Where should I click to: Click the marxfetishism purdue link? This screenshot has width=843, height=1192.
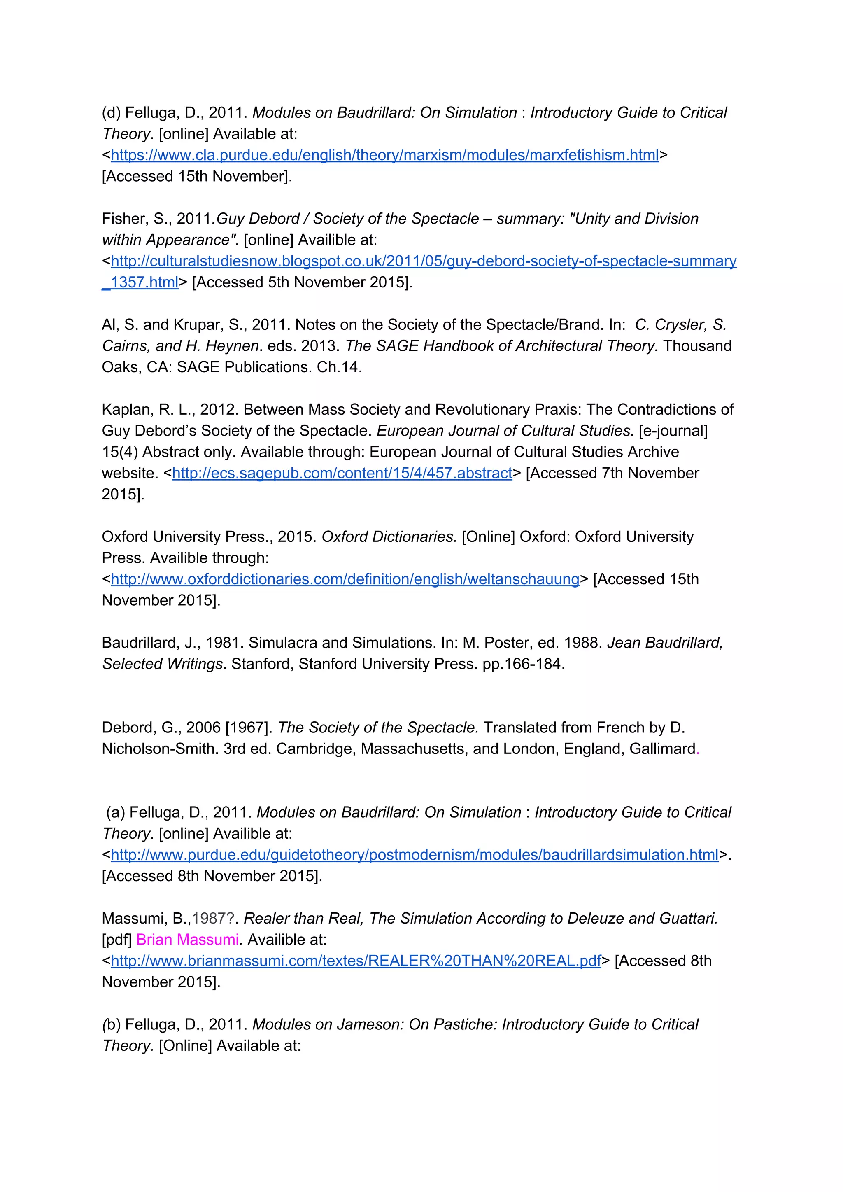click(x=384, y=155)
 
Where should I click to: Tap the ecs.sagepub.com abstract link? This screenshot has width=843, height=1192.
click(x=342, y=474)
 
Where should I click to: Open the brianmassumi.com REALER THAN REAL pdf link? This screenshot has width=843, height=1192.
click(x=356, y=961)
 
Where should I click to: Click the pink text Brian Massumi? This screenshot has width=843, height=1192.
click(x=187, y=940)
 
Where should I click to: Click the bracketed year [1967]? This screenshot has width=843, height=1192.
click(x=249, y=728)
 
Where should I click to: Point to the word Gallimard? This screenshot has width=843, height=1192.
click(x=662, y=749)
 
